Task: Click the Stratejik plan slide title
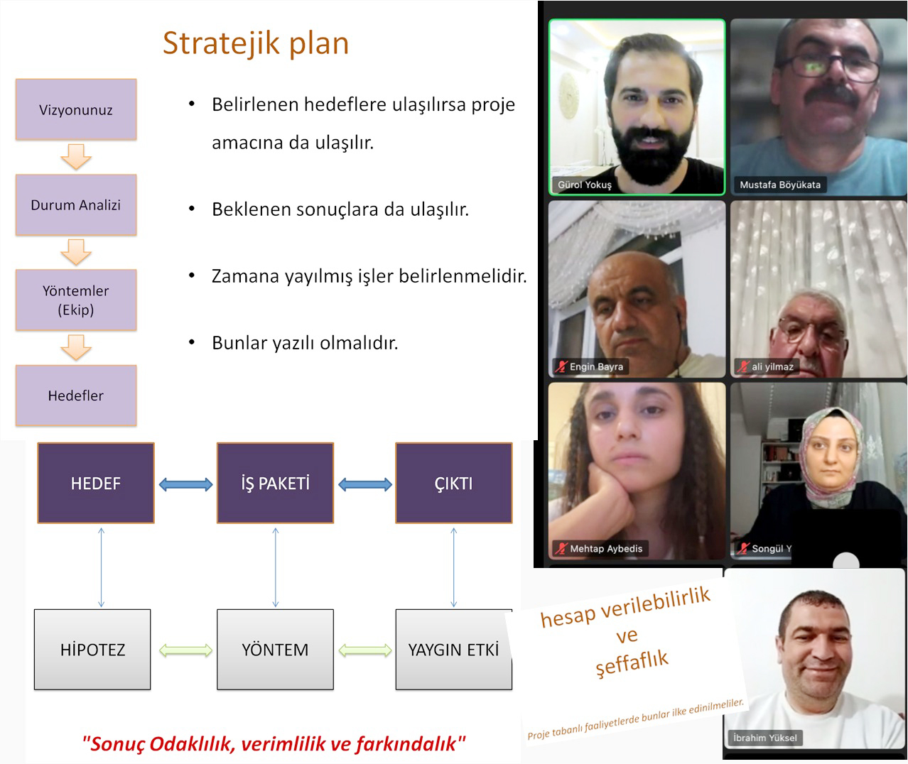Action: pyautogui.click(x=256, y=43)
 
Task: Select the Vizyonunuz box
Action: pyautogui.click(x=76, y=109)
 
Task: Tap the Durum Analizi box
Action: pyautogui.click(x=76, y=204)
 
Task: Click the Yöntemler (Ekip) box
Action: pyautogui.click(x=76, y=300)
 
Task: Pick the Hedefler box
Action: pyautogui.click(x=76, y=395)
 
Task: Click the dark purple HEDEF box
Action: pyautogui.click(x=96, y=484)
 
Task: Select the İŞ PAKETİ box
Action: pyautogui.click(x=275, y=484)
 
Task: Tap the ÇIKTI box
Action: pyautogui.click(x=453, y=484)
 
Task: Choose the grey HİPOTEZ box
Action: pyautogui.click(x=92, y=649)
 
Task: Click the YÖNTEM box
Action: pyautogui.click(x=275, y=649)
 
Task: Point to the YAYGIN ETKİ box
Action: pyautogui.click(x=453, y=649)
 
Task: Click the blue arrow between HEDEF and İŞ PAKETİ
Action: pyautogui.click(x=185, y=484)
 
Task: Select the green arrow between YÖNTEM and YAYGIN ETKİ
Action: pyautogui.click(x=364, y=650)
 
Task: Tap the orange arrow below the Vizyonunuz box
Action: pyautogui.click(x=76, y=156)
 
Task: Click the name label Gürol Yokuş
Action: pyautogui.click(x=584, y=185)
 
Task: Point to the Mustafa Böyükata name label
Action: pyautogui.click(x=779, y=185)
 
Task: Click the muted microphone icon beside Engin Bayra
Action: pyautogui.click(x=561, y=367)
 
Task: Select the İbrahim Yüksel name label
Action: pyautogui.click(x=764, y=738)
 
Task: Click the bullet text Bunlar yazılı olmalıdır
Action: pyautogui.click(x=305, y=343)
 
